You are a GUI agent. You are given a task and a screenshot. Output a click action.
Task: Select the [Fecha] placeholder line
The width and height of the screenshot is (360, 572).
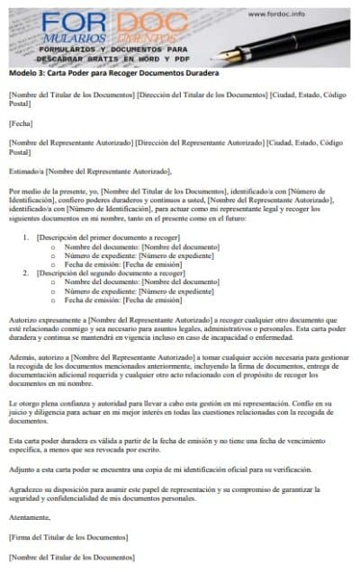coord(20,123)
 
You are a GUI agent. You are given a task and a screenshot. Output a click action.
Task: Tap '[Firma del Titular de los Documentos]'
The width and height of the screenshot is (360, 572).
coord(67,537)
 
